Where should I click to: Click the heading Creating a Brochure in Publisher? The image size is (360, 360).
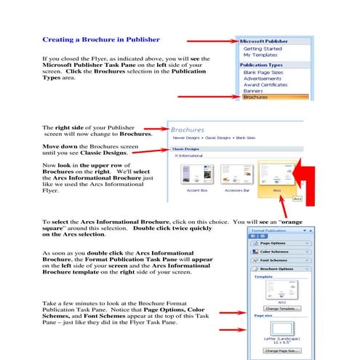tap(97, 40)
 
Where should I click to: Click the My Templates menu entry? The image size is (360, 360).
tap(260, 55)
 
